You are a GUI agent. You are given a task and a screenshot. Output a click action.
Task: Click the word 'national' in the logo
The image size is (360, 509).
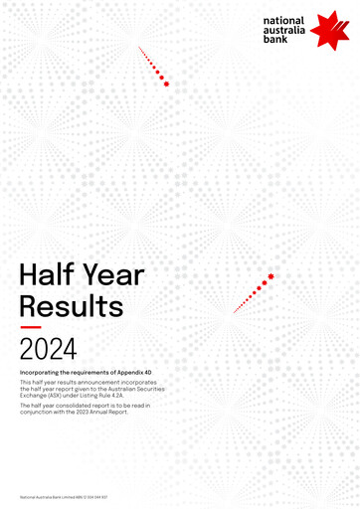(286, 20)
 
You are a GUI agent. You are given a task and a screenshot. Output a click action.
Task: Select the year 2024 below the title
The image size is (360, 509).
(46, 347)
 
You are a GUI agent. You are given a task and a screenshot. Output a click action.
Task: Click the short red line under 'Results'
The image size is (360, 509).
(30, 325)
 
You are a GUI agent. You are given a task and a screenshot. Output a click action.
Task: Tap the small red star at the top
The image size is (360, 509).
(166, 84)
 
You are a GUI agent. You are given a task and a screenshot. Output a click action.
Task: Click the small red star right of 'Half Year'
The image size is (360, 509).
(270, 276)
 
